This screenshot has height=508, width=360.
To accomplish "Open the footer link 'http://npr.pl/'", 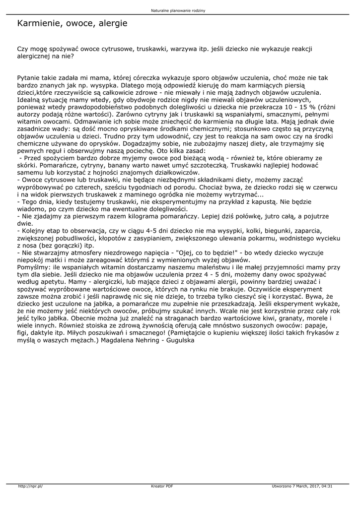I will point(31,486).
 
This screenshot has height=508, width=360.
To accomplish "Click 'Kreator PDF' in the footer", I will point(162,486).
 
